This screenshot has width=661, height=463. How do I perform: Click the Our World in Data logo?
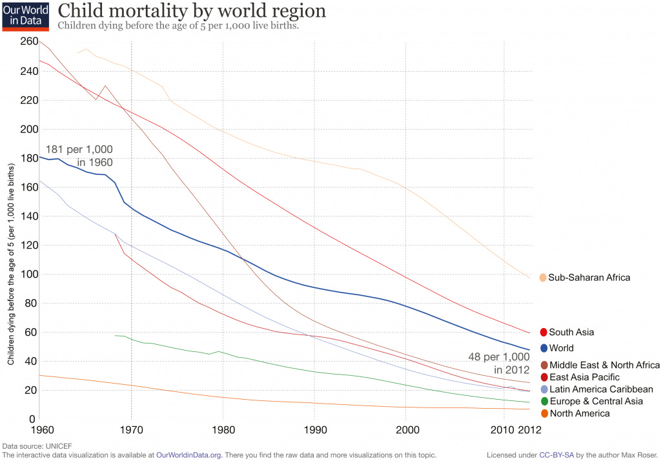click(25, 16)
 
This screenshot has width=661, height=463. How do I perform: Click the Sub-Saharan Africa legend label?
click(589, 278)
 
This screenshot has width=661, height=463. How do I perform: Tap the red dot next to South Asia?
click(543, 333)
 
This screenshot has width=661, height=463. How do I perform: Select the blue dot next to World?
click(543, 348)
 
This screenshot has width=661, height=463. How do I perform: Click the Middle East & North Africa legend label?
click(604, 365)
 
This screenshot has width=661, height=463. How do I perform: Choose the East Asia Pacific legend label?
click(584, 377)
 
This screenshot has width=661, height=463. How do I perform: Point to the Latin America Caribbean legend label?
click(601, 389)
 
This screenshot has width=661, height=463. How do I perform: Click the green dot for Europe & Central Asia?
click(543, 402)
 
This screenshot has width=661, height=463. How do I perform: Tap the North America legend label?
click(579, 413)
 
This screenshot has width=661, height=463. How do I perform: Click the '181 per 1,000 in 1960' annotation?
click(79, 156)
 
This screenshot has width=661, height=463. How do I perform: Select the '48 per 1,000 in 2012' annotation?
click(499, 363)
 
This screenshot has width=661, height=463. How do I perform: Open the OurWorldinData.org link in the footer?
click(189, 455)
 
